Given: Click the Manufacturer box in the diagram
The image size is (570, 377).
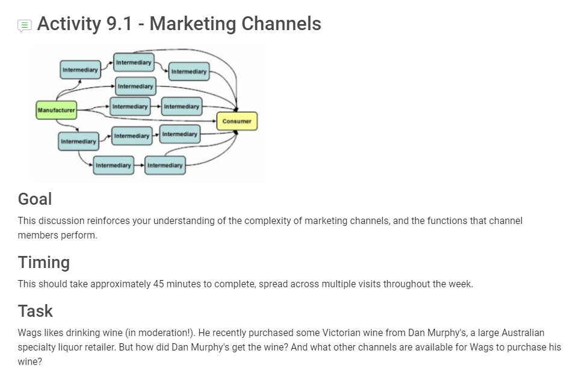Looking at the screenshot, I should coord(56,110).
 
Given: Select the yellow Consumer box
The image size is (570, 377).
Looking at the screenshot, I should coord(237,121).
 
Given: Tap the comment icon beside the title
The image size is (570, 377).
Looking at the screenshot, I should coord(24,25).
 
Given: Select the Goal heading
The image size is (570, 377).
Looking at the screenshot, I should coord(35,199).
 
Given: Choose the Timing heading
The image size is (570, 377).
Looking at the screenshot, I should coord(44,262).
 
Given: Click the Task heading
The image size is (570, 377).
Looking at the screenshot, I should coord(36,311).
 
